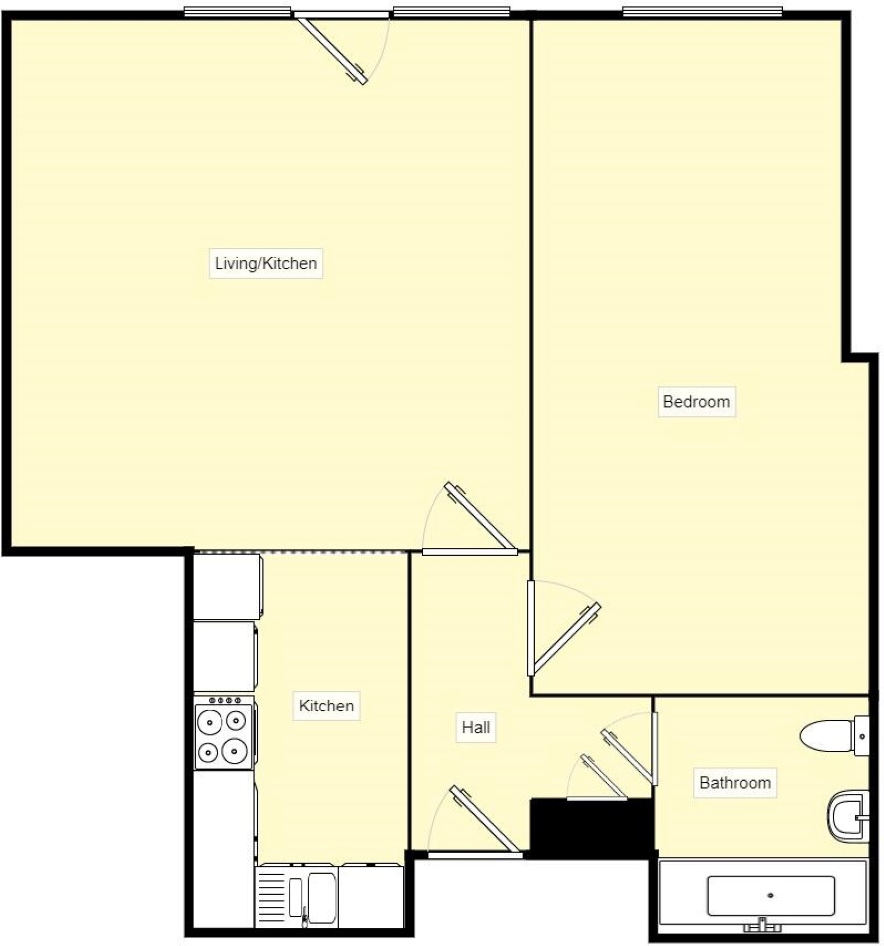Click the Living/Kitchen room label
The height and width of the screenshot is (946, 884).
[265, 264]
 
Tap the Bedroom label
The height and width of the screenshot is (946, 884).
[696, 402]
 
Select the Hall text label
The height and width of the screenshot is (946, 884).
[475, 728]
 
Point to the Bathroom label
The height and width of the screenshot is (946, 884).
[734, 783]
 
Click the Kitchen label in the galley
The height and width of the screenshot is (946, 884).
[326, 706]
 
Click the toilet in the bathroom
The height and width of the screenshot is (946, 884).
[832, 736]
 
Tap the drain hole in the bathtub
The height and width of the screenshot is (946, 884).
[770, 895]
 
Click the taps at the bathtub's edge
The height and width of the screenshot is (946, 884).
[763, 925]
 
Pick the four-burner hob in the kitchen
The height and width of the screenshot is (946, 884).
[223, 733]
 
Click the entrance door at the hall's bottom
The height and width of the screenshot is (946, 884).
[485, 820]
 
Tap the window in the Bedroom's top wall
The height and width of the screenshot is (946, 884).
[703, 12]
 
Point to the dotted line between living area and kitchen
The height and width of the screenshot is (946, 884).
[300, 551]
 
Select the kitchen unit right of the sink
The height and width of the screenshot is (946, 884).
[372, 894]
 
